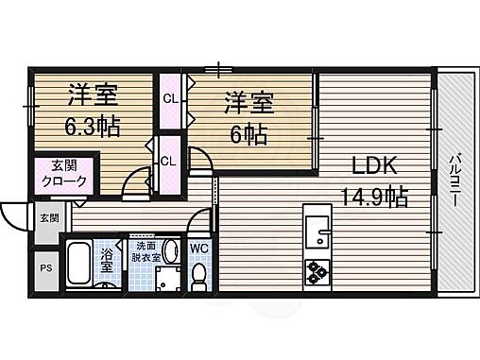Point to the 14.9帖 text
(x=375, y=197)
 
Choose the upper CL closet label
(x=170, y=98)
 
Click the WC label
(x=199, y=249)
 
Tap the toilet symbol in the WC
(x=199, y=275)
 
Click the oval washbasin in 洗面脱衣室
(x=170, y=249)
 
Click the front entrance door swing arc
(x=15, y=220)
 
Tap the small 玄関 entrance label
(x=47, y=217)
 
